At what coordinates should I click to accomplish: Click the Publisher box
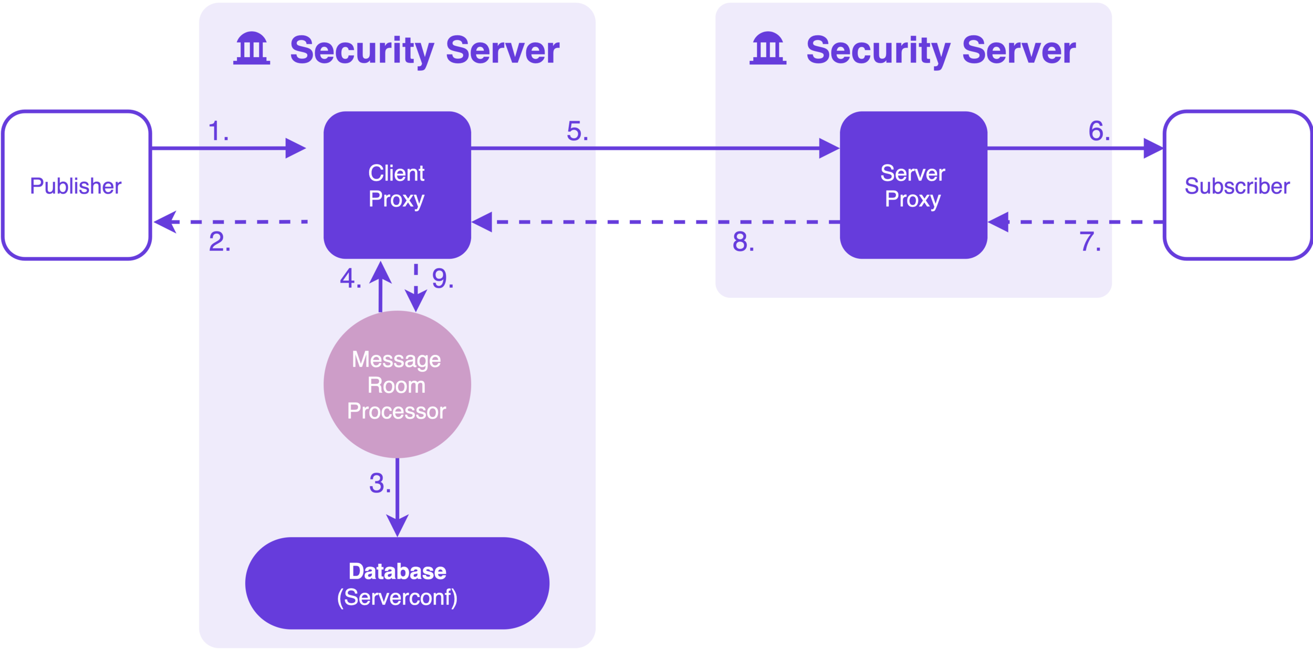[x=77, y=185]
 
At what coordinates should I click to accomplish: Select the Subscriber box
[x=1237, y=185]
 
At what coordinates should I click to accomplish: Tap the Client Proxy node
[x=397, y=185]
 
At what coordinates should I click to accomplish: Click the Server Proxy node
[x=913, y=185]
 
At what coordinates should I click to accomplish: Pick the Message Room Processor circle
[x=397, y=384]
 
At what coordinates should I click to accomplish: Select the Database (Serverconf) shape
[x=397, y=583]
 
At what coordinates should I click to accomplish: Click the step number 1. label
[x=218, y=131]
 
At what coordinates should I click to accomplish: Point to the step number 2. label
[x=220, y=242]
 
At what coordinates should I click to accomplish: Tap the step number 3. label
[x=380, y=483]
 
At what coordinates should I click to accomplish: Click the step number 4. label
[x=350, y=278]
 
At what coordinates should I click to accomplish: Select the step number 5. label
[x=577, y=131]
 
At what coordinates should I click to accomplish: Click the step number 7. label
[x=1090, y=242]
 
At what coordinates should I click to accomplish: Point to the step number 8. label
[x=743, y=242]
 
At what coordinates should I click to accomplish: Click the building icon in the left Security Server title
[x=252, y=49]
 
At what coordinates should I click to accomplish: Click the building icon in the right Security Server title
[x=768, y=49]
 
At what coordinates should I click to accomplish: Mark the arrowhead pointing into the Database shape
[x=398, y=526]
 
